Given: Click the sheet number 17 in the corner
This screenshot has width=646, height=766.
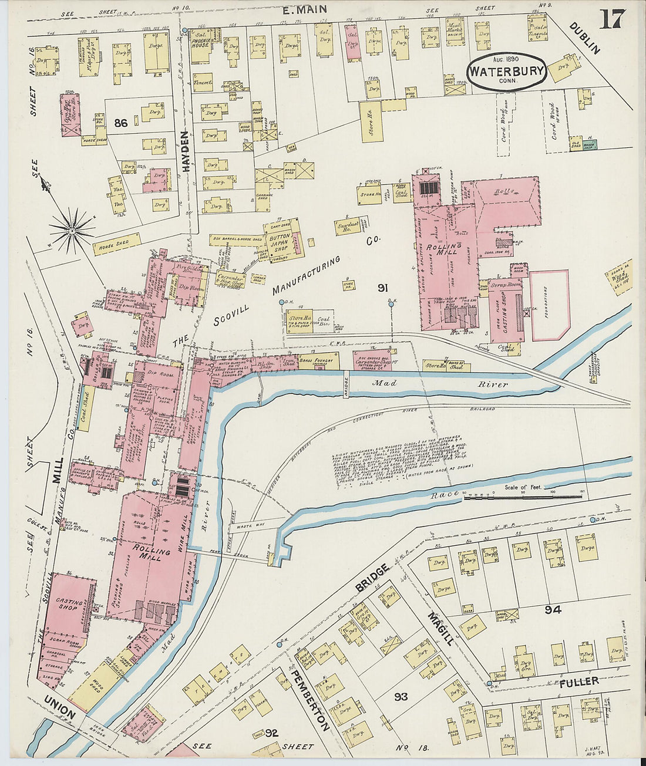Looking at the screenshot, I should coord(612,20).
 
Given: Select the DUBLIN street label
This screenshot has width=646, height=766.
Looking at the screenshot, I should coord(584,38).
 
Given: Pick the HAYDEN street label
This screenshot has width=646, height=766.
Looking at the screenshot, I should coord(186,151).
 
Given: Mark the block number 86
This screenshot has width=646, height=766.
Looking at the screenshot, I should coord(121,123).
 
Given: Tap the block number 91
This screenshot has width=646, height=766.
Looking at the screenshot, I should coord(383,288).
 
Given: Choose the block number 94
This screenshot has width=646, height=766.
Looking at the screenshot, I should coord(552,610).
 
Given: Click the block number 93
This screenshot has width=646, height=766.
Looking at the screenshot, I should coord(401,697).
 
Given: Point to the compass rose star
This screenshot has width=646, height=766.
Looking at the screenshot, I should coord(72,231).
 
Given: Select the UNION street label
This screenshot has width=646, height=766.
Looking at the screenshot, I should coord(59,708).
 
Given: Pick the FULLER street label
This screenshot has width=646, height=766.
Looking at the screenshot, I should coord(578,681).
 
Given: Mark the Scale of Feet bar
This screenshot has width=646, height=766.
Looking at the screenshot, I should coord(523,497).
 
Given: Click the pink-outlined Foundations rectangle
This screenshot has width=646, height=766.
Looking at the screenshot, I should coord(550,305).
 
